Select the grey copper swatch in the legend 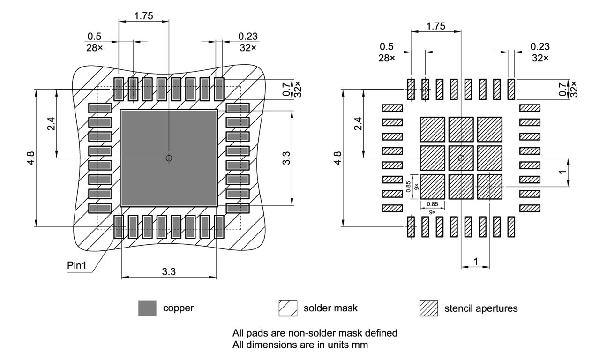click(147, 308)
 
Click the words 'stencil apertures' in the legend click(481, 308)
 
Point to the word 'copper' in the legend click(179, 308)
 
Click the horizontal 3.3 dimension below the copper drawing click(169, 271)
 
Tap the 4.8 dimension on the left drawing click(30, 158)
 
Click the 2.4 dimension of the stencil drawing click(358, 124)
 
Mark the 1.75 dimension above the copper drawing click(143, 15)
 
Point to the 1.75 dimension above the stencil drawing click(436, 26)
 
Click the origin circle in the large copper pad click(169, 158)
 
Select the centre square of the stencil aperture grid click(461, 158)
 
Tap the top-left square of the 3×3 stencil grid click(432, 129)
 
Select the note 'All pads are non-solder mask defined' click(315, 333)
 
